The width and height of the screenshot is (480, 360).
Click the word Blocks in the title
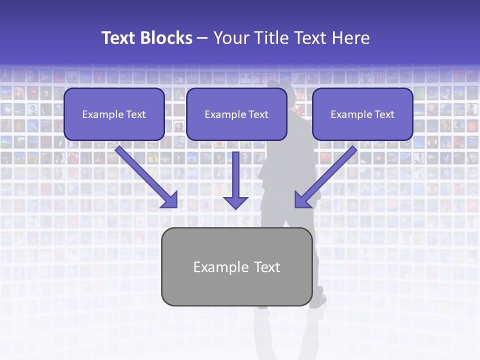pyautogui.click(x=167, y=38)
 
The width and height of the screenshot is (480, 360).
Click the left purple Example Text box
pyautogui.click(x=114, y=114)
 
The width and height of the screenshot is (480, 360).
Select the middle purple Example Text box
pyautogui.click(x=236, y=114)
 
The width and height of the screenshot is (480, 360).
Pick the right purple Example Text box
pyautogui.click(x=362, y=114)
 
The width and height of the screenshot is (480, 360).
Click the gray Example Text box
pyautogui.click(x=236, y=266)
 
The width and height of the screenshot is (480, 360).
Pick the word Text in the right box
pyautogui.click(x=384, y=114)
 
